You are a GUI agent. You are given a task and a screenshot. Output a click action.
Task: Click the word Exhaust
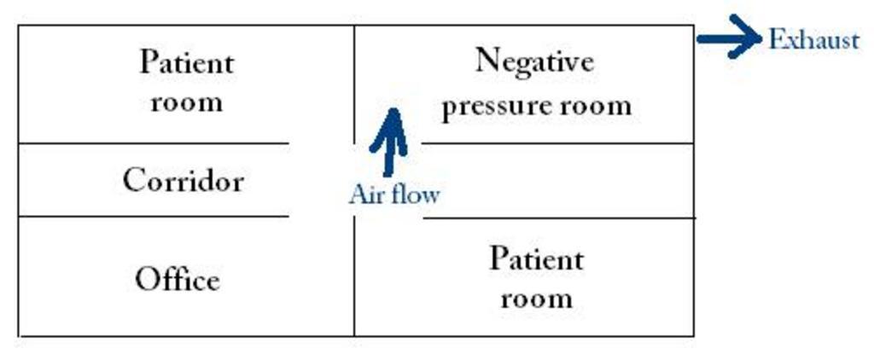813,40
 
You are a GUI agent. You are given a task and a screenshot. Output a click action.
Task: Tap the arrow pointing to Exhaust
728,38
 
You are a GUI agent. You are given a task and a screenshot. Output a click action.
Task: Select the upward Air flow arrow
390,142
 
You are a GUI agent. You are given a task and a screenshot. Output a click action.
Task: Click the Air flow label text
393,195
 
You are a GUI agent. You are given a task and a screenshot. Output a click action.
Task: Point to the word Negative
534,61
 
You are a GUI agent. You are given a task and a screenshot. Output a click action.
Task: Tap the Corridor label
183,180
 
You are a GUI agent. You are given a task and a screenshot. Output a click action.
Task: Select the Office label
178,279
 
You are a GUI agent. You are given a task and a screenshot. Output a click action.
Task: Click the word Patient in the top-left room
186,62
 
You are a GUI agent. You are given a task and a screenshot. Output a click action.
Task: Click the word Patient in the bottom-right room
536,258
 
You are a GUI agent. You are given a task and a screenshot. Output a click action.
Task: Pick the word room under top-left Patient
186,103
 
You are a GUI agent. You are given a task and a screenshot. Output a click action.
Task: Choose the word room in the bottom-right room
536,299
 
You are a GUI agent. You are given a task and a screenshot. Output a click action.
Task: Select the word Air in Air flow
363,195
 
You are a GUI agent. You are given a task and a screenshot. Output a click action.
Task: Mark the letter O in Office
148,279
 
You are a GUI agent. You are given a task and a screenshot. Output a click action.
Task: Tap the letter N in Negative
487,61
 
